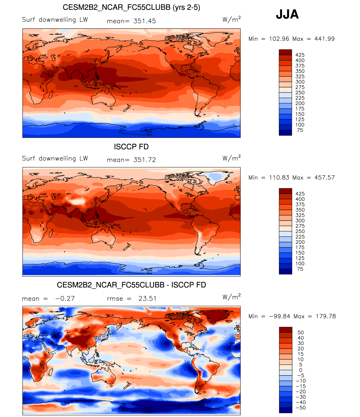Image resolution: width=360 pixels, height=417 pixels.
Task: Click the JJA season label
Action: pyautogui.click(x=287, y=14)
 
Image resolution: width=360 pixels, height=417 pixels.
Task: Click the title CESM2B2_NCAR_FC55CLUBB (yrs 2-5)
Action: pyautogui.click(x=131, y=7)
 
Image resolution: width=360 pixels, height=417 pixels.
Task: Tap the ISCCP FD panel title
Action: pyautogui.click(x=131, y=147)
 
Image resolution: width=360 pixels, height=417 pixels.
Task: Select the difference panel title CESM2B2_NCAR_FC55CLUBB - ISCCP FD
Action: pyautogui.click(x=131, y=285)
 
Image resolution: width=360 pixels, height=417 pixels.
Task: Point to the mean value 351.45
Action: pyautogui.click(x=145, y=21)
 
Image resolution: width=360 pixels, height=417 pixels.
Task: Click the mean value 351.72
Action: pyautogui.click(x=145, y=160)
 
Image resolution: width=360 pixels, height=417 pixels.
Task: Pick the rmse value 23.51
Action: pyautogui.click(x=147, y=298)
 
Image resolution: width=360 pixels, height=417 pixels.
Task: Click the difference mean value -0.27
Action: pyautogui.click(x=65, y=298)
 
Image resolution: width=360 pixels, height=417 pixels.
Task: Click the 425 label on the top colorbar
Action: pyautogui.click(x=300, y=55)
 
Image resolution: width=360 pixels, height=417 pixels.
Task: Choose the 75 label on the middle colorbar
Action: pyautogui.click(x=300, y=269)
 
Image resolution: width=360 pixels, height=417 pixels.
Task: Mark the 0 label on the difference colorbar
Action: pyautogui.click(x=301, y=370)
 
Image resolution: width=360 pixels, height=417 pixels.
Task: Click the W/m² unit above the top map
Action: pyautogui.click(x=231, y=19)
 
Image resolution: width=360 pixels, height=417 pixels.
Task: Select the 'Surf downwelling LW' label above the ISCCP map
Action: pyautogui.click(x=55, y=158)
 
